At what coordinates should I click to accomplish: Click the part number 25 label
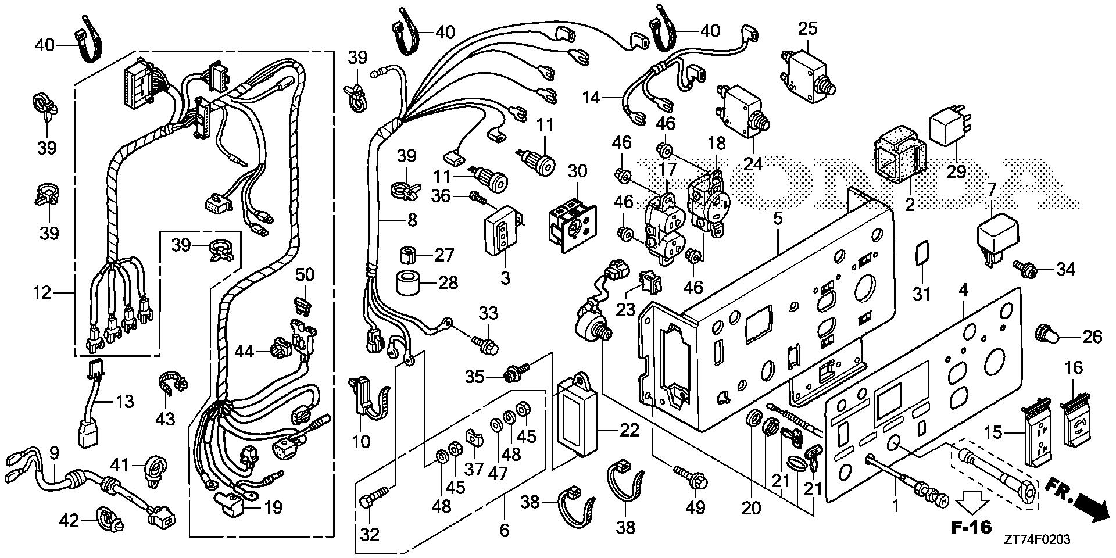(x=807, y=28)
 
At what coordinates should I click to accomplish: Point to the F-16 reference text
(x=970, y=528)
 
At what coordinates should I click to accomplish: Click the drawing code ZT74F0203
(x=1035, y=540)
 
